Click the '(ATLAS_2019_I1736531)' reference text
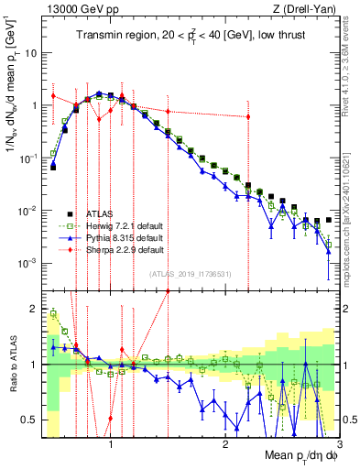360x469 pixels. pos(190,272)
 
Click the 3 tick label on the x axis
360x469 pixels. pos(338,446)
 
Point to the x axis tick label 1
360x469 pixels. pos(111,446)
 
